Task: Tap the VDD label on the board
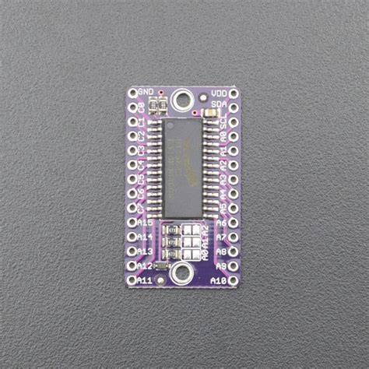[219, 93]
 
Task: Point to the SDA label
[219, 104]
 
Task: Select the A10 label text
[219, 280]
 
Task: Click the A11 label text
[145, 280]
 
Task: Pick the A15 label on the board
[145, 223]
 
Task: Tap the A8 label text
[221, 251]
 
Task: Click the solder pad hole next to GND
[132, 93]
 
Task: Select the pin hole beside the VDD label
[234, 93]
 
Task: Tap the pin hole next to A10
[234, 280]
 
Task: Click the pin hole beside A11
[132, 280]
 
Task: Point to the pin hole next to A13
[132, 251]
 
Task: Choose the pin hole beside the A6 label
[234, 223]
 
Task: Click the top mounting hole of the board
[183, 99]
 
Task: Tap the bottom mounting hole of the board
[183, 272]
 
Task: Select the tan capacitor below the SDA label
[210, 115]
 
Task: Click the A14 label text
[145, 237]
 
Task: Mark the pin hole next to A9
[234, 266]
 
